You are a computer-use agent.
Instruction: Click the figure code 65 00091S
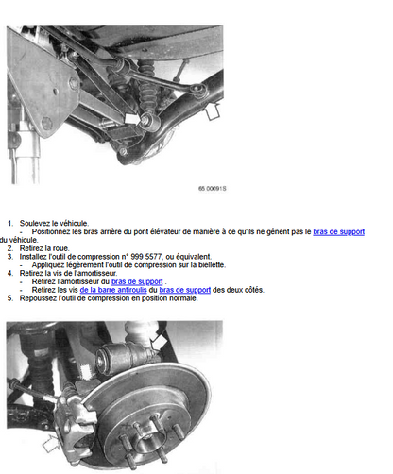tap(213, 188)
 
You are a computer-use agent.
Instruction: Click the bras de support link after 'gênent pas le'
tap(338, 231)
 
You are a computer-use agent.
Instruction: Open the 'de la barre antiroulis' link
tap(113, 290)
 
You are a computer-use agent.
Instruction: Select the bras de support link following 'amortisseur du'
tap(137, 281)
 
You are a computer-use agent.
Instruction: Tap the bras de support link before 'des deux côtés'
tap(185, 290)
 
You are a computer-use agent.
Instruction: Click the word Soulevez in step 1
tap(33, 223)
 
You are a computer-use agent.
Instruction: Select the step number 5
tap(10, 298)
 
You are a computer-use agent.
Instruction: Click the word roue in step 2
tap(61, 248)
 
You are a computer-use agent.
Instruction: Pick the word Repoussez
tap(36, 298)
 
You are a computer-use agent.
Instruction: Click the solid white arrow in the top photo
tap(131, 119)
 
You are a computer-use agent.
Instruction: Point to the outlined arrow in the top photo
tap(213, 111)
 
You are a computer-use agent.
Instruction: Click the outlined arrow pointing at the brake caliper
tap(51, 444)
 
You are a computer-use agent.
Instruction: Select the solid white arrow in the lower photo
tap(158, 342)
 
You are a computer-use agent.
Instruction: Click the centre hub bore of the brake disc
tap(145, 438)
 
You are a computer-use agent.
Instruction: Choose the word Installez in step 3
tap(33, 256)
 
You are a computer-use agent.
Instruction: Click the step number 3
tap(10, 256)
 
